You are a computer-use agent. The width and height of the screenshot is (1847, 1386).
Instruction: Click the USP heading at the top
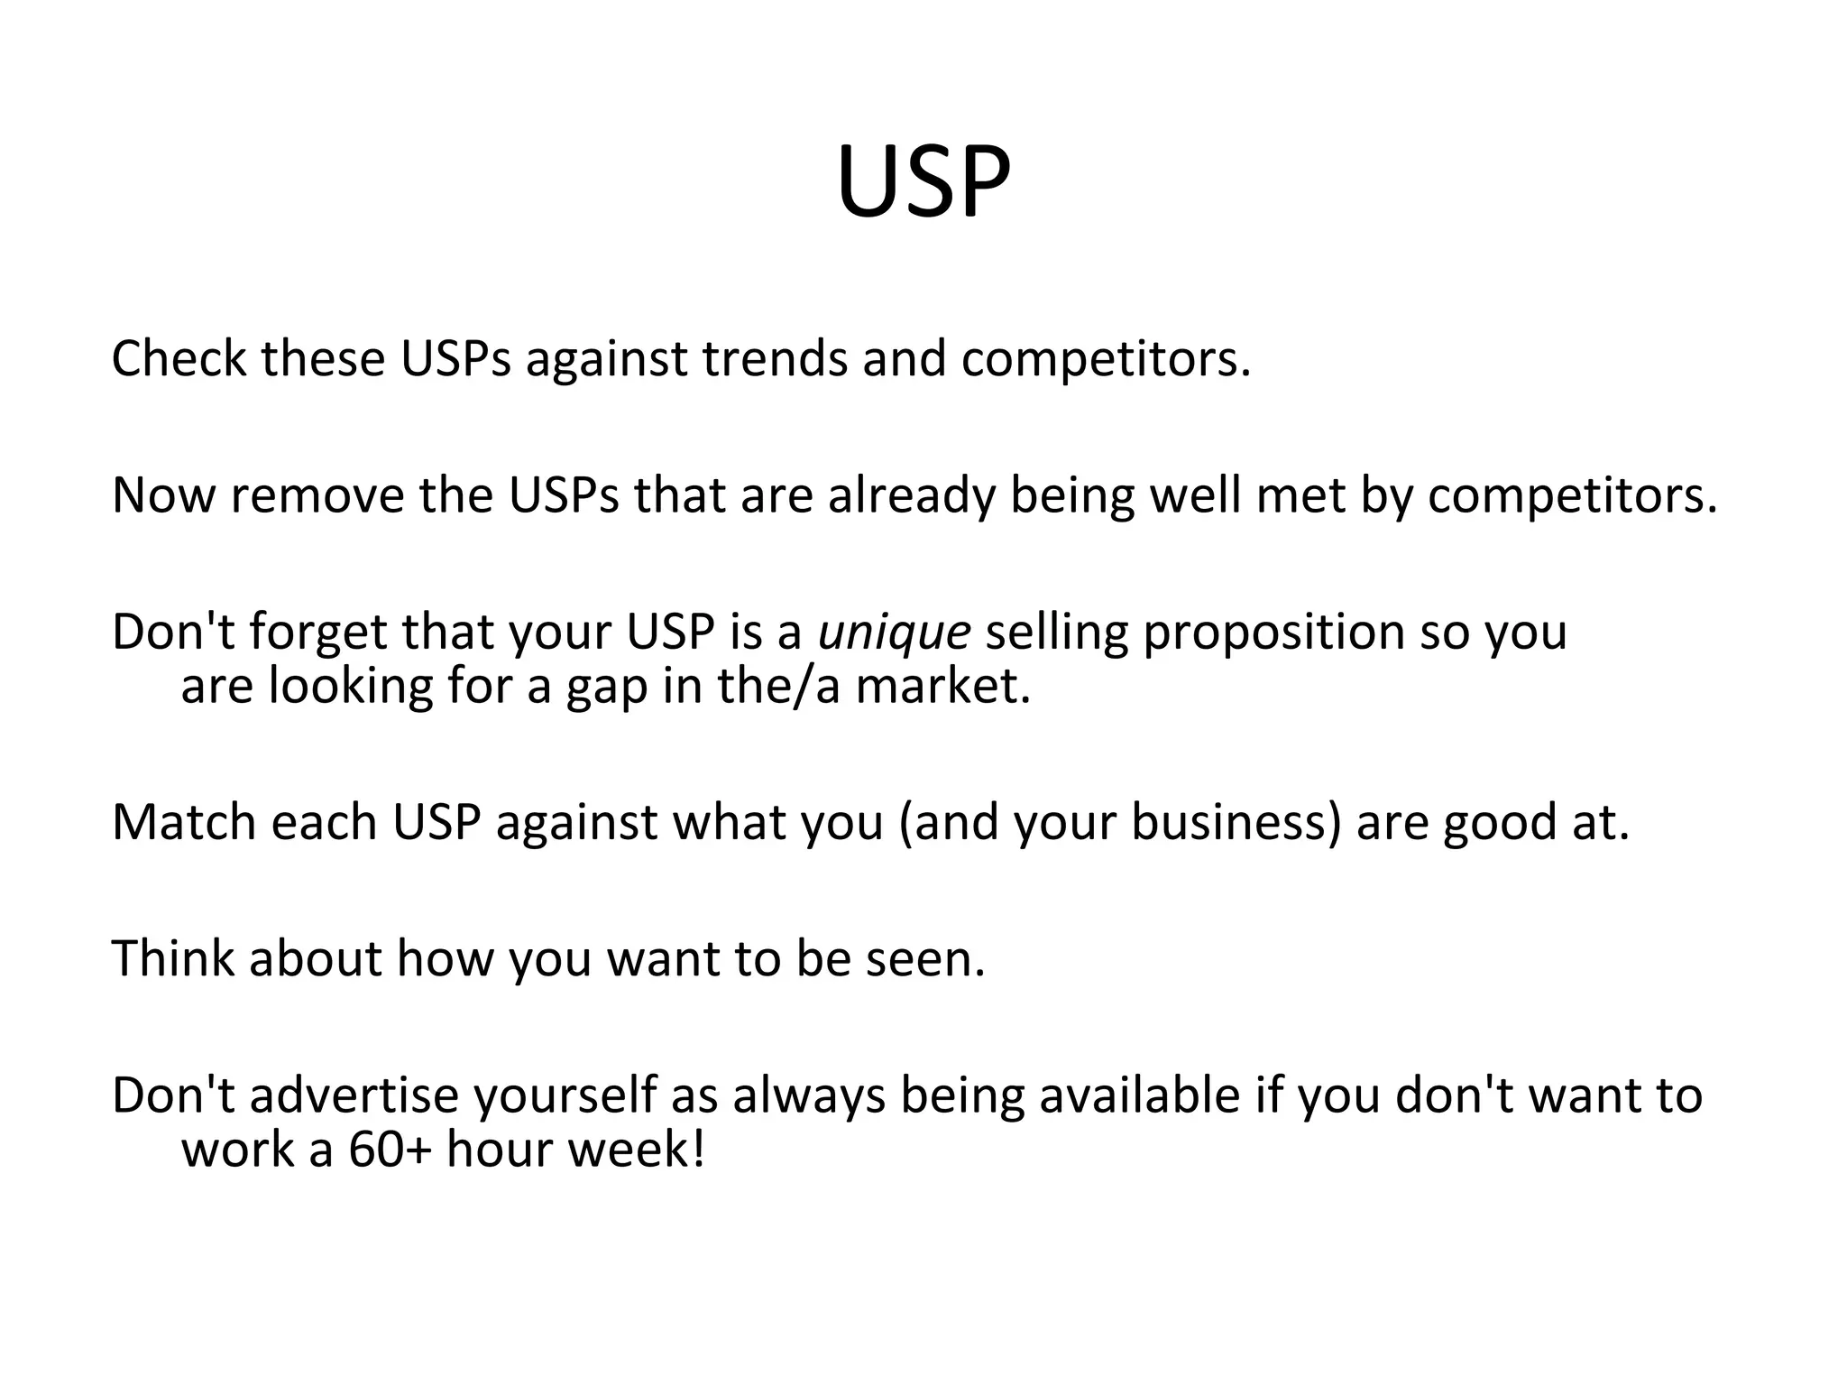tap(923, 183)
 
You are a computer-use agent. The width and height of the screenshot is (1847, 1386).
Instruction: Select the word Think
tap(172, 958)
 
